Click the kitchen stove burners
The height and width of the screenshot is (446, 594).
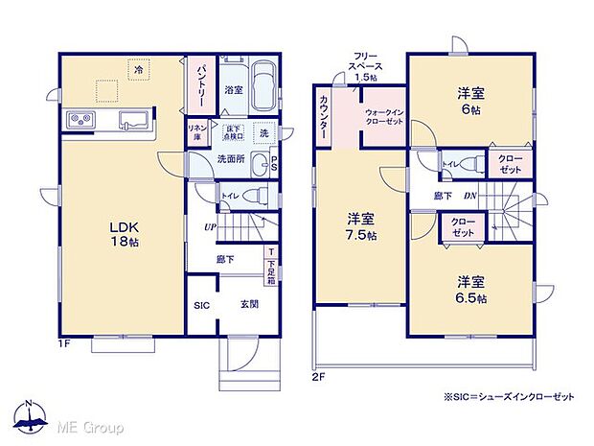(x=80, y=120)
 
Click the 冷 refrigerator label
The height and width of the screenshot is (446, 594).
(x=139, y=70)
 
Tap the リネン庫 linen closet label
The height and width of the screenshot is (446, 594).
(x=195, y=132)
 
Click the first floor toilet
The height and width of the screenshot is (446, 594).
(x=252, y=196)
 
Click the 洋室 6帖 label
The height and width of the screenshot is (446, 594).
(x=468, y=100)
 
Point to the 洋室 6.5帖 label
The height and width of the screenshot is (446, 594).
(x=468, y=290)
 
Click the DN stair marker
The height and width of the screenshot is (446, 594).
(x=470, y=196)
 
